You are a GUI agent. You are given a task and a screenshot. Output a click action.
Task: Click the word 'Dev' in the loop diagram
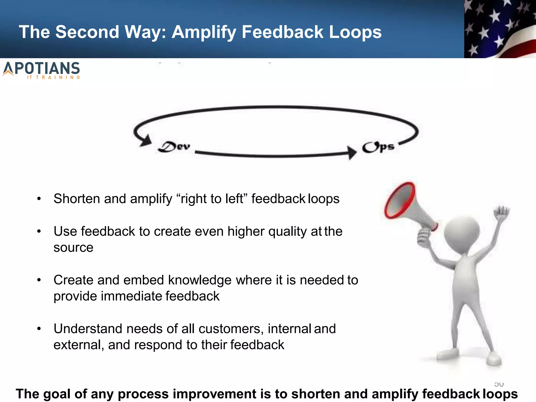pos(174,147)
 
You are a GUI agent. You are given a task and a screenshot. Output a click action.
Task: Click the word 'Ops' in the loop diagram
pos(378,147)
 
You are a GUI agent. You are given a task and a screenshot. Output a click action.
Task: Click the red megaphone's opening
pos(399,200)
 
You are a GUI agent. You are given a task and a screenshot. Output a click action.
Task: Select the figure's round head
pos(462,232)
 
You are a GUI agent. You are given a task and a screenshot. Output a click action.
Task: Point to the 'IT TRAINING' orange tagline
pos(54,77)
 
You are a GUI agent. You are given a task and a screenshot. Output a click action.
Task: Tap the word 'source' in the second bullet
pos(74,248)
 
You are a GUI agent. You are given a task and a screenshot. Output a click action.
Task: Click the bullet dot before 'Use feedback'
pos(39,231)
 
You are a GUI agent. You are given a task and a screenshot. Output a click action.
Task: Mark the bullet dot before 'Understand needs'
pos(39,329)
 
